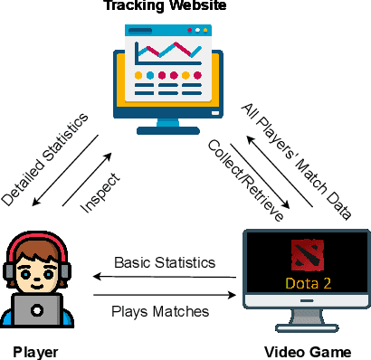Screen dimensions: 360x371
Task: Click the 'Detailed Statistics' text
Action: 44,157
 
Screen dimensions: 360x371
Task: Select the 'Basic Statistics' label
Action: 165,263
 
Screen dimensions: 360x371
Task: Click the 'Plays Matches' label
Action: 162,311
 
